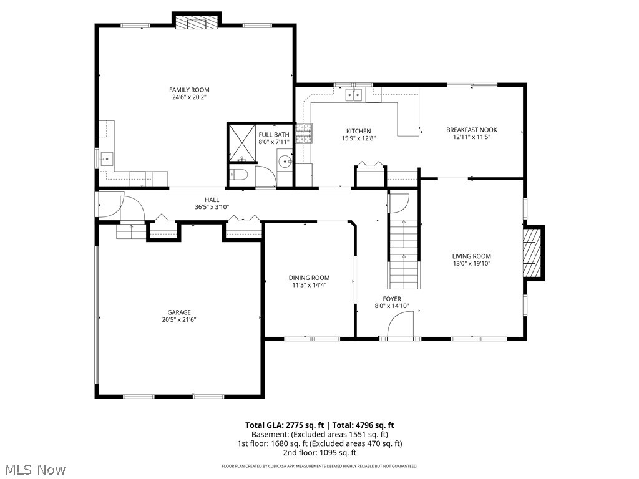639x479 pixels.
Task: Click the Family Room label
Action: coord(189,90)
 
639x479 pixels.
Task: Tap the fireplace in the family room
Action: coord(197,23)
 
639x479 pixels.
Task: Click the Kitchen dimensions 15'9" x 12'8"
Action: coord(359,138)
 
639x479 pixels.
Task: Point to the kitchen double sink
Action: coord(355,94)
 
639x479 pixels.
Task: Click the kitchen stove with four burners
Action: coord(304,133)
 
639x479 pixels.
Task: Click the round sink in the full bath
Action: coord(285,162)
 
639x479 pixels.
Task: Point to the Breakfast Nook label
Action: coord(471,130)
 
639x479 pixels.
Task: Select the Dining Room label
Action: coord(309,278)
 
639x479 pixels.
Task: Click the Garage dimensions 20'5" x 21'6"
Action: coord(178,320)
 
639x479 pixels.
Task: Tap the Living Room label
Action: coord(471,256)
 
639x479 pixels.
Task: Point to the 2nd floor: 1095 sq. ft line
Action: coord(319,453)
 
